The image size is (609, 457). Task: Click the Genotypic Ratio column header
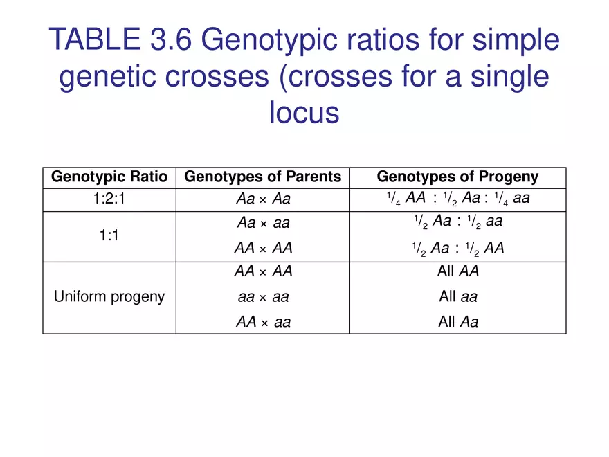(x=109, y=177)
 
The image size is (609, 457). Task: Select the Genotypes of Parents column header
(x=263, y=177)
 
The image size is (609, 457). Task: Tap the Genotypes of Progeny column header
(x=457, y=177)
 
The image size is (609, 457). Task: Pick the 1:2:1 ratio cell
(x=109, y=199)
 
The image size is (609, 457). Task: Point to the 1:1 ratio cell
(x=109, y=236)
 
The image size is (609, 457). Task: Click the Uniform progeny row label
(x=109, y=297)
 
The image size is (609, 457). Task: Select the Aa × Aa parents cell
(x=263, y=199)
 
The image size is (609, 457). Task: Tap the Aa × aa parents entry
(x=263, y=223)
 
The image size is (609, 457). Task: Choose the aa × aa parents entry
(x=263, y=298)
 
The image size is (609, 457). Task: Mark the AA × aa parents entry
(x=263, y=321)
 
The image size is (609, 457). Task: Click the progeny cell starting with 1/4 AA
(x=457, y=199)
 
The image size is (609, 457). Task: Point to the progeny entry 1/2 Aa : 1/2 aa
(x=457, y=223)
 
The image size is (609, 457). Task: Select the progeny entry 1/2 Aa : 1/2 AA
(x=457, y=249)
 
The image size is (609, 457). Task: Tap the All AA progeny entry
(x=457, y=272)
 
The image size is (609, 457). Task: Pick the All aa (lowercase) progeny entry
(x=457, y=298)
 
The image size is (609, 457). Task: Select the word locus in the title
(x=304, y=113)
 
